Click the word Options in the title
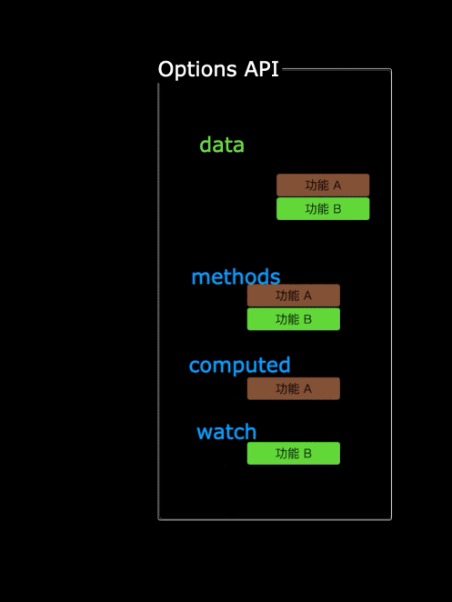(197, 70)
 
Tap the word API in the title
(262, 69)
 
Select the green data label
(222, 145)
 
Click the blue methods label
(236, 276)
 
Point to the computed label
(239, 366)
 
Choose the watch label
(226, 432)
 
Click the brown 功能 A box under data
(323, 185)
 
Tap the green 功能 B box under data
(323, 209)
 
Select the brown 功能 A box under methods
(294, 296)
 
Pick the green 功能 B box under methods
(294, 319)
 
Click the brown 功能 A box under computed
(294, 388)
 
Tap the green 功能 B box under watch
(294, 454)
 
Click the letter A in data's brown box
(336, 186)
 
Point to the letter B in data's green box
(337, 209)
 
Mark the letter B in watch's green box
(307, 454)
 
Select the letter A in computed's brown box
(307, 389)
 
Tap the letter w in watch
(204, 434)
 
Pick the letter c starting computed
(195, 366)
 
